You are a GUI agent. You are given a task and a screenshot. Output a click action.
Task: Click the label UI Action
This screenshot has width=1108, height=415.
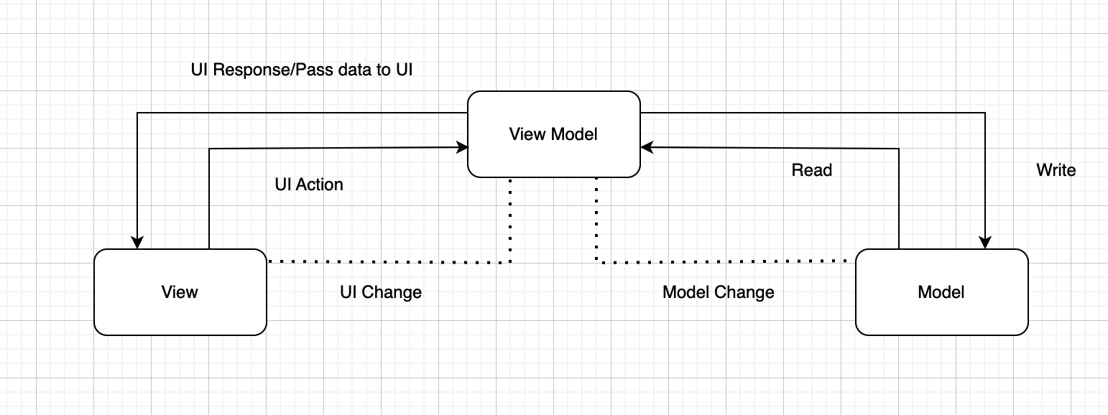[309, 185]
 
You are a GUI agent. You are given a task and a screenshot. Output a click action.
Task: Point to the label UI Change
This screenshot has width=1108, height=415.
[380, 292]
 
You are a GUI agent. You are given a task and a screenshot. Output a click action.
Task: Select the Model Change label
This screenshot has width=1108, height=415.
[718, 292]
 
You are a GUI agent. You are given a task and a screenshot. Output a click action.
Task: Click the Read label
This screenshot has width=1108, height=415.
[811, 170]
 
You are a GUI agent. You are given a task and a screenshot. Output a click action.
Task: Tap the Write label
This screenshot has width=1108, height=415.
[1056, 170]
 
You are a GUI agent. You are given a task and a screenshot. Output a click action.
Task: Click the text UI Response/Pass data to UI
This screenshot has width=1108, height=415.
[301, 70]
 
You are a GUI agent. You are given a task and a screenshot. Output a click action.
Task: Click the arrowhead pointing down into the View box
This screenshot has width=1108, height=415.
[137, 243]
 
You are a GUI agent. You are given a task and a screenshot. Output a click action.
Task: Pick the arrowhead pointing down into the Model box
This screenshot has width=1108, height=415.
[984, 243]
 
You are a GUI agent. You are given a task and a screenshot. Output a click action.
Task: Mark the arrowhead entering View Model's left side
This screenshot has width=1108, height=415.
[462, 147]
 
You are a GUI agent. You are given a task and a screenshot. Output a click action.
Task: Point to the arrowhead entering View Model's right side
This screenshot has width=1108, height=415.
[647, 147]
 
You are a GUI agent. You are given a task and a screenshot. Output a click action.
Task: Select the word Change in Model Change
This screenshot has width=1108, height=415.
[749, 292]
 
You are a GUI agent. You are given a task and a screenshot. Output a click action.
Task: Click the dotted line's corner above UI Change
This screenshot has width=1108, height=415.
[509, 262]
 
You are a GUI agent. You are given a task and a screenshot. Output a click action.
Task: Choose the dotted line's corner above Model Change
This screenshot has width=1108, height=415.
[596, 262]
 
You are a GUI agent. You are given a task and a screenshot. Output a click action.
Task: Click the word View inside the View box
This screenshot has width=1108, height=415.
[180, 292]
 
